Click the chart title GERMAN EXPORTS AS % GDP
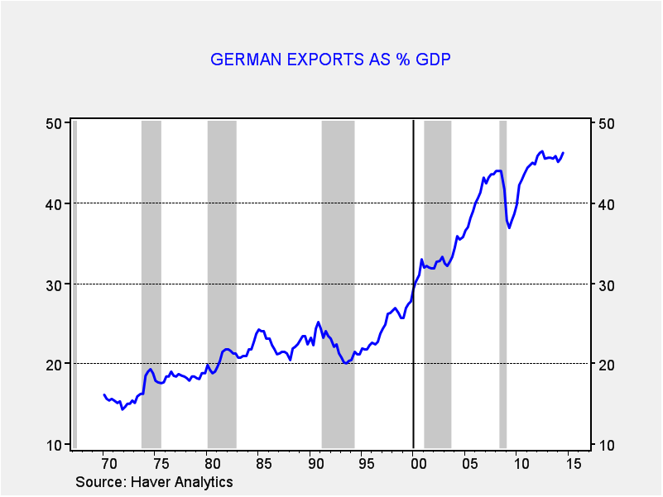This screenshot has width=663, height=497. click(330, 60)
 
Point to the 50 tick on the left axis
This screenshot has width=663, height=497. click(55, 123)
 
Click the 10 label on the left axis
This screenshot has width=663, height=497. click(55, 445)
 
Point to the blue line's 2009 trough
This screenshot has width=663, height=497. click(509, 227)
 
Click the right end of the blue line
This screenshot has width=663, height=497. click(563, 152)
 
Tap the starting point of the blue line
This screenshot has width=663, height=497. click(104, 395)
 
